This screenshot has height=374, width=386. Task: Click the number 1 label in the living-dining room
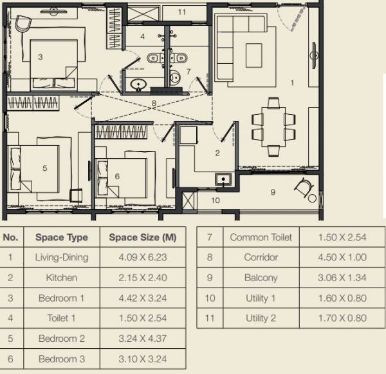click(x=292, y=83)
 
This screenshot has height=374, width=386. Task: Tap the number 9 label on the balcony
click(x=272, y=192)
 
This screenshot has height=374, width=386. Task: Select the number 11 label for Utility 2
click(x=181, y=12)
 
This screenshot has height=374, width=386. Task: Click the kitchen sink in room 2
click(x=226, y=179)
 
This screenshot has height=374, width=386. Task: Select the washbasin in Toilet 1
click(x=137, y=84)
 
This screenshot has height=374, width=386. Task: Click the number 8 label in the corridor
click(x=154, y=103)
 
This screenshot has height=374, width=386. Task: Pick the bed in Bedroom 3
click(x=124, y=174)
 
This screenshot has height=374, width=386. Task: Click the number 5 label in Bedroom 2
click(x=44, y=168)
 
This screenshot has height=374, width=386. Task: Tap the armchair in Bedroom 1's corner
click(x=24, y=23)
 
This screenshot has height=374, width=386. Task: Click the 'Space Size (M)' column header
click(x=142, y=237)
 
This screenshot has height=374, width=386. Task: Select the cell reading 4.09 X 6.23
click(x=142, y=257)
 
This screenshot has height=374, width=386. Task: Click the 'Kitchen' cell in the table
click(x=61, y=277)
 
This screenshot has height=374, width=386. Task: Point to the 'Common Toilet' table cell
click(x=261, y=237)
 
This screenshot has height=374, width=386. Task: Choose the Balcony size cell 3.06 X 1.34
click(x=342, y=278)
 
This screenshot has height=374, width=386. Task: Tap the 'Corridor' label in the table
click(x=261, y=257)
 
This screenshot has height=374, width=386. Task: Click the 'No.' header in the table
click(x=10, y=237)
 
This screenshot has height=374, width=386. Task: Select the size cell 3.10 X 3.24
click(x=142, y=359)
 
